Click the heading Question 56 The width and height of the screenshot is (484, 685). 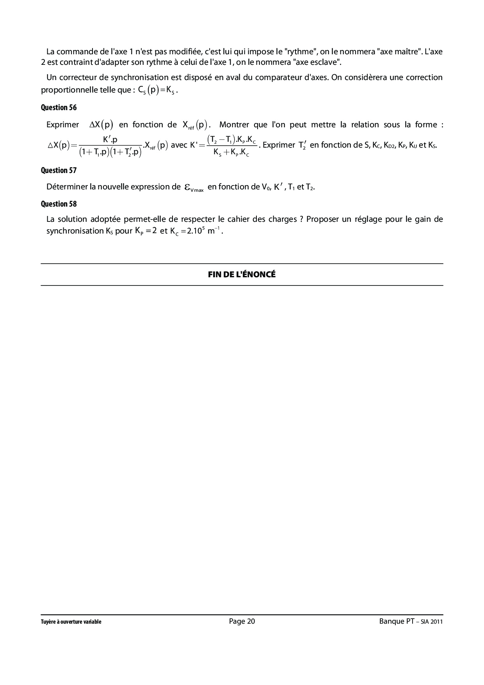tap(59, 107)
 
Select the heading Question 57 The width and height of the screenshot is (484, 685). tap(59, 170)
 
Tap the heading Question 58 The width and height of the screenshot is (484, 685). tap(59, 204)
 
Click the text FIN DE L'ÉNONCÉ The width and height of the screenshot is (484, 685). tap(242, 275)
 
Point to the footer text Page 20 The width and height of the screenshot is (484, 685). tap(242, 621)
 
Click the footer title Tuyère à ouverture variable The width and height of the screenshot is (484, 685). tap(71, 622)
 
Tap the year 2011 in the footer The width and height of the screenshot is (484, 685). tap(436, 622)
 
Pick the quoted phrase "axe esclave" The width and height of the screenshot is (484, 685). tap(317, 62)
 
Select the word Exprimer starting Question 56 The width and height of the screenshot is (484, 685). tap(62, 125)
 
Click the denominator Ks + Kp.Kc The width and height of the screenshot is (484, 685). tap(231, 153)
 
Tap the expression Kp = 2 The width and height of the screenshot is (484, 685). tap(146, 231)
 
